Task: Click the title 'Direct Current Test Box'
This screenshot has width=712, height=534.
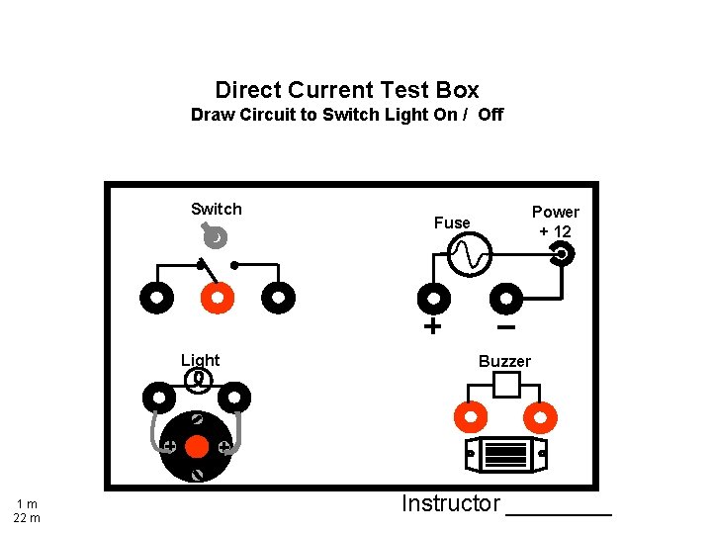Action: pyautogui.click(x=346, y=90)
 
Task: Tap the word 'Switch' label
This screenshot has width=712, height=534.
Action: pyautogui.click(x=216, y=209)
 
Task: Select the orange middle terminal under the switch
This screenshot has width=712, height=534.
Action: pyautogui.click(x=217, y=297)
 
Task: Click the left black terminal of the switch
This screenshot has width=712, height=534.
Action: pyautogui.click(x=156, y=297)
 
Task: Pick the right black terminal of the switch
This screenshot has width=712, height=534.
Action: pyautogui.click(x=279, y=297)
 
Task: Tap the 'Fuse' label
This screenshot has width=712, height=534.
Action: pyautogui.click(x=452, y=222)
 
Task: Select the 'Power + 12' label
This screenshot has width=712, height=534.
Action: pyautogui.click(x=555, y=221)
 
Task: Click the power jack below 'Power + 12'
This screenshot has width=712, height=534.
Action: pyautogui.click(x=561, y=255)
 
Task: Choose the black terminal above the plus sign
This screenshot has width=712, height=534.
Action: pyautogui.click(x=432, y=298)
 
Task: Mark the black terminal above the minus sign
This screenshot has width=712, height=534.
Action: pyautogui.click(x=506, y=298)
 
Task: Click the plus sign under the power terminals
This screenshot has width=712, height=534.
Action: pyautogui.click(x=432, y=326)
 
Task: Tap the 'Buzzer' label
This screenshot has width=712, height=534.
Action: pyautogui.click(x=504, y=361)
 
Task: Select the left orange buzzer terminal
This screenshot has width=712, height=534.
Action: pyautogui.click(x=470, y=416)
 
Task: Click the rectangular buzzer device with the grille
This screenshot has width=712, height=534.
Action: pyautogui.click(x=505, y=455)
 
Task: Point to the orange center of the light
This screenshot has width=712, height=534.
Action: pyautogui.click(x=197, y=447)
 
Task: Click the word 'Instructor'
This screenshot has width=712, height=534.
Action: pyautogui.click(x=450, y=503)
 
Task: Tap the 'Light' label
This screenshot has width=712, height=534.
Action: pyautogui.click(x=200, y=360)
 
